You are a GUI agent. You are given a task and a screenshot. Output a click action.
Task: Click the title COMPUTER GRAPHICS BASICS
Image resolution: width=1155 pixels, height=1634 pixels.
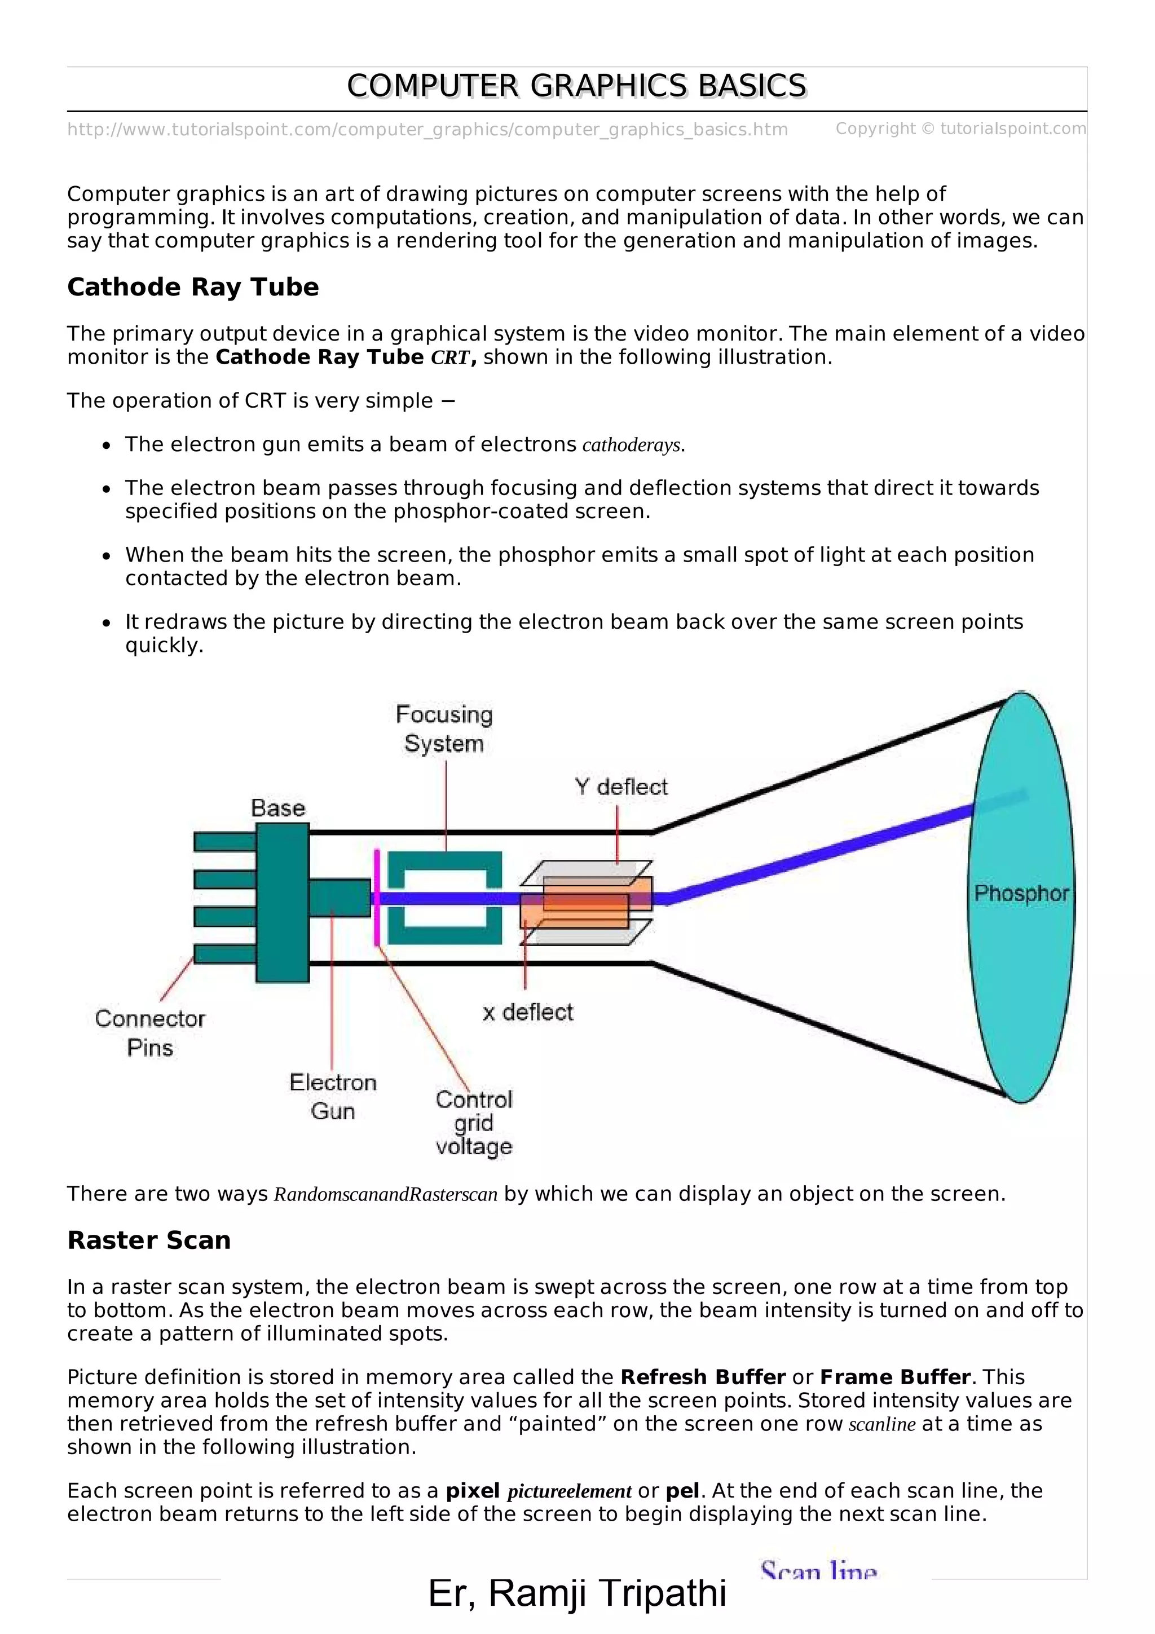pyautogui.click(x=576, y=86)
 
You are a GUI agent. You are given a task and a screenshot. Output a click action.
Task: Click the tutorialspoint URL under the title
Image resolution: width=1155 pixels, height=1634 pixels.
pyautogui.click(x=427, y=130)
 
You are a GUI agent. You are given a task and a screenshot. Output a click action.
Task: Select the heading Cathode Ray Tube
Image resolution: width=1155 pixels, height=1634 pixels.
pyautogui.click(x=193, y=287)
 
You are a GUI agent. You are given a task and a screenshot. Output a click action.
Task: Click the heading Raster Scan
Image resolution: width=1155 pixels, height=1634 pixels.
pyautogui.click(x=149, y=1240)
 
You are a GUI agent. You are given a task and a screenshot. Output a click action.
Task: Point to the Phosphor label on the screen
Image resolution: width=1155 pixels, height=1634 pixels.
pyautogui.click(x=1021, y=893)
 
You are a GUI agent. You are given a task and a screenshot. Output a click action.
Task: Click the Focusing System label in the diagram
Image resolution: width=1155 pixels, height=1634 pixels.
pyautogui.click(x=444, y=728)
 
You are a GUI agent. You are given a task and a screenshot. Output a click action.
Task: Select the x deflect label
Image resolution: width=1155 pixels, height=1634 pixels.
pyautogui.click(x=527, y=1012)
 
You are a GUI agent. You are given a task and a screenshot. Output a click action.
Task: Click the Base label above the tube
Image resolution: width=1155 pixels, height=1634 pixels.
pyautogui.click(x=277, y=809)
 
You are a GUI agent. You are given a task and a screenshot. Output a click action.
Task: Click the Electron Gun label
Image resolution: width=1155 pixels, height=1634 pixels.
pyautogui.click(x=332, y=1097)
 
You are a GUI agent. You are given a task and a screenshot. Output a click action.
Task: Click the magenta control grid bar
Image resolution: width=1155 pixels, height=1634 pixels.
pyautogui.click(x=376, y=898)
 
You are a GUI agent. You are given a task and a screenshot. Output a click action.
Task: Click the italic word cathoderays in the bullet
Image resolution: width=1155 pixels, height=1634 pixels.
pyautogui.click(x=631, y=445)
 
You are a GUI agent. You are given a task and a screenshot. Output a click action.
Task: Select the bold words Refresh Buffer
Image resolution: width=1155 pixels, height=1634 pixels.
pyautogui.click(x=702, y=1377)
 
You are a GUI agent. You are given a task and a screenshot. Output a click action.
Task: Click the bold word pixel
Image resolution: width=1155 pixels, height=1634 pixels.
pyautogui.click(x=473, y=1490)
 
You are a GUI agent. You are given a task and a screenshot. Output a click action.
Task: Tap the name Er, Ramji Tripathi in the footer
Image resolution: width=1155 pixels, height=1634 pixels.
pyautogui.click(x=576, y=1593)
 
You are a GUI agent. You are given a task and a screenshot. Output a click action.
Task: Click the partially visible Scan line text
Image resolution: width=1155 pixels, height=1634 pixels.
pyautogui.click(x=818, y=1571)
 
